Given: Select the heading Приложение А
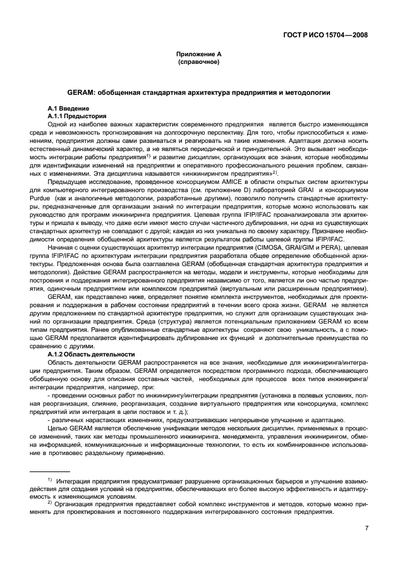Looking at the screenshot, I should tap(198, 55).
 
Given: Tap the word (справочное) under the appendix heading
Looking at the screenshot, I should tap(198, 63).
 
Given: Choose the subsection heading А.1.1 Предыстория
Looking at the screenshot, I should tap(76, 116).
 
